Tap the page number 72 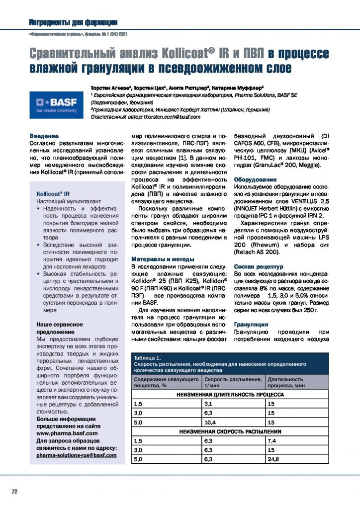pyautogui.click(x=14, y=492)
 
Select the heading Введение pyautogui.click(x=44, y=136)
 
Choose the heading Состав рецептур pyautogui.click(x=258, y=266)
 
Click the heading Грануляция pyautogui.click(x=251, y=325)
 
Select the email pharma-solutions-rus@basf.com pyautogui.click(x=77, y=455)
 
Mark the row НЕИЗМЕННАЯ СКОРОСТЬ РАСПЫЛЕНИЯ pyautogui.click(x=230, y=431)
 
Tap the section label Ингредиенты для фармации pyautogui.click(x=74, y=22)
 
